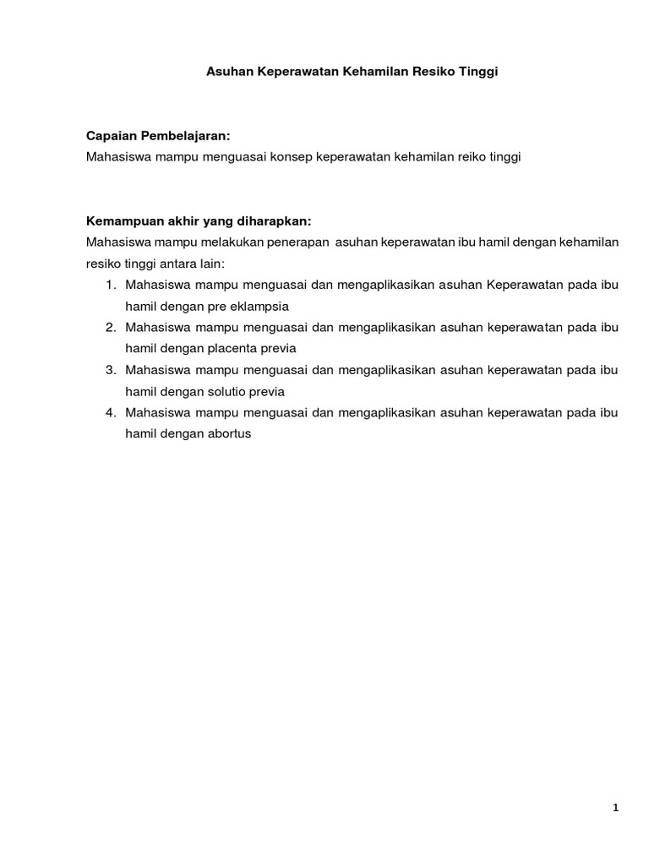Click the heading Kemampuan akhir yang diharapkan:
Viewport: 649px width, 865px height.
199,221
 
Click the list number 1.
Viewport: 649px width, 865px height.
111,285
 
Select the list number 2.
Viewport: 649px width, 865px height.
111,327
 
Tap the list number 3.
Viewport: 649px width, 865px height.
111,370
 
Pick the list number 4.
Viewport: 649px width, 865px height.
111,412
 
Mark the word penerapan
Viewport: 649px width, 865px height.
296,242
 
